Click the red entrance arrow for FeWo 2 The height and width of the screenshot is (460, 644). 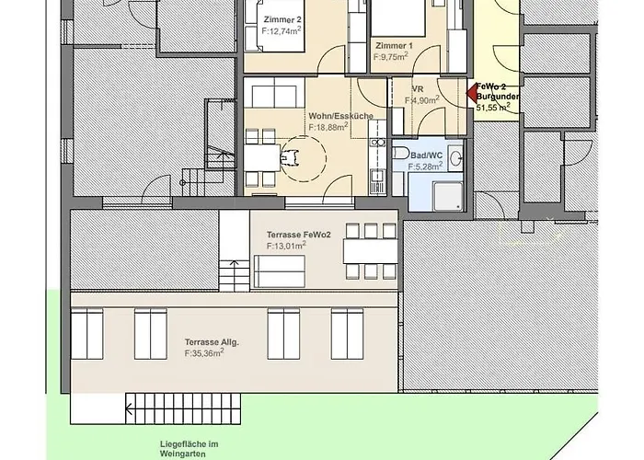[471, 93]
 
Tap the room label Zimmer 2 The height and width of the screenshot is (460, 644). [282, 19]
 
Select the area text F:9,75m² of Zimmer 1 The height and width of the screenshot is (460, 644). [391, 57]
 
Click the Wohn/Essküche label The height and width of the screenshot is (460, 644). [341, 116]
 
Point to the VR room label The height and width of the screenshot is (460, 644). [418, 89]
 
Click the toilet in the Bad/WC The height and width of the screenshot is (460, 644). [400, 154]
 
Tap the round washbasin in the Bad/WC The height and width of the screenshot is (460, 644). [455, 157]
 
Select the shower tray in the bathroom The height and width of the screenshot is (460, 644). [447, 197]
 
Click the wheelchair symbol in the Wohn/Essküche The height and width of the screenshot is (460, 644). [290, 158]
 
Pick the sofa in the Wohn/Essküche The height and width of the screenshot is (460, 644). [274, 97]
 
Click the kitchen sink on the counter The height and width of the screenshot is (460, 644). [376, 177]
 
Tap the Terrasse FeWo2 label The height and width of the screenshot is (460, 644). [299, 235]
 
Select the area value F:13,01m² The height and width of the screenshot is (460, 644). [286, 246]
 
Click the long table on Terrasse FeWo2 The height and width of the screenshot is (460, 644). [371, 251]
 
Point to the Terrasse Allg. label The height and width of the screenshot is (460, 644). [212, 342]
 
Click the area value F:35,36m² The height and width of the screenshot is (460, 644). [204, 352]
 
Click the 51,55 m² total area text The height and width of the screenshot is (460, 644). [493, 108]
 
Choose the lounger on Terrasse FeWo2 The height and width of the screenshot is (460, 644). [280, 271]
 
